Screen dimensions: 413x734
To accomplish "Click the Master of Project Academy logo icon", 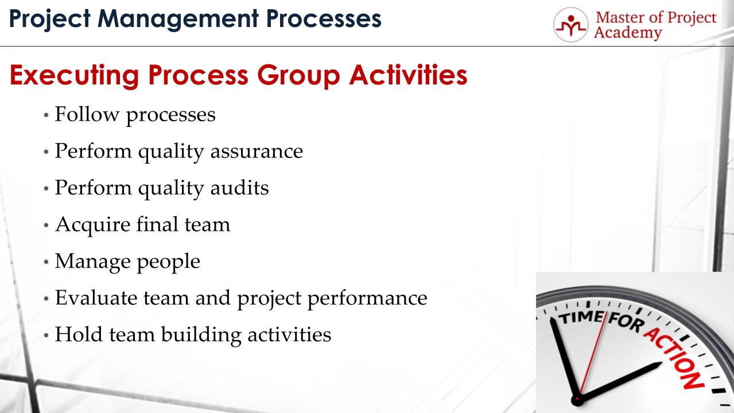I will pos(571,24).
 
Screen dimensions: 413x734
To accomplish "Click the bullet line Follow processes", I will pos(135,114).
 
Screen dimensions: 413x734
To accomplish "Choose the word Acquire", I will pos(84,225).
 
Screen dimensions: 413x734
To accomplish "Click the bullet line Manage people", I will pos(127,261).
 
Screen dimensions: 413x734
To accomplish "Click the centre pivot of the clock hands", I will pos(577,399).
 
